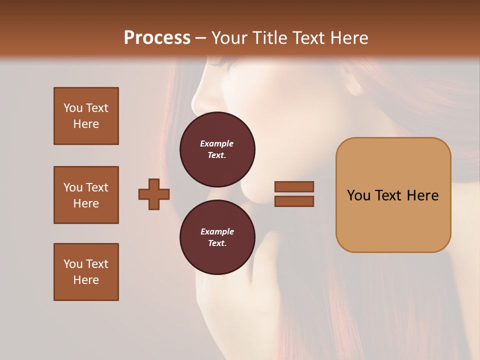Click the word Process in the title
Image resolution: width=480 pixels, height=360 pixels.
point(157,38)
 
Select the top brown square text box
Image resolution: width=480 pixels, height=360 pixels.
point(86,116)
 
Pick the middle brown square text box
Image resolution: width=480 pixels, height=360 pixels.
point(86,195)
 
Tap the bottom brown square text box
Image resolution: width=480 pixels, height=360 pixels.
point(86,272)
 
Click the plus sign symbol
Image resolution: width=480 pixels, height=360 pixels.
point(154,194)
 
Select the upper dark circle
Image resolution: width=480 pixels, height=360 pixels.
point(217,149)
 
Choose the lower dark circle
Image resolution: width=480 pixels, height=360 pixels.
point(217,237)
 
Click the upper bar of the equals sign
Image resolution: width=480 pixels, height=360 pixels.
point(294,187)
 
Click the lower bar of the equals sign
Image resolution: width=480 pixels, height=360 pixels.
point(294,201)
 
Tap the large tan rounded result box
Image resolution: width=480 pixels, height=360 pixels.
point(393,195)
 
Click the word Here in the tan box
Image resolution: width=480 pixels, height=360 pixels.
point(422,195)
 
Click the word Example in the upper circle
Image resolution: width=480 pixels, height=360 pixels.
point(216,143)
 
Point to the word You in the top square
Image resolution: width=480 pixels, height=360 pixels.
point(72,108)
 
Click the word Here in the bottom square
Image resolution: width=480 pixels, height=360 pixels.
point(86,280)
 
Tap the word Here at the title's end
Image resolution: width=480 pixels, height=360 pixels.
point(348,38)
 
